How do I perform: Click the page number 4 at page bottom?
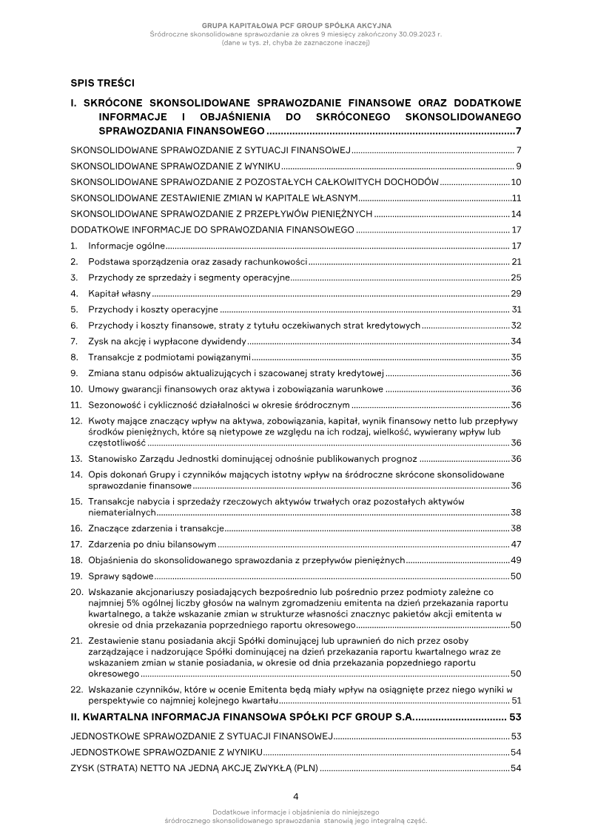(296, 797)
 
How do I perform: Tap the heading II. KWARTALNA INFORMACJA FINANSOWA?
(241, 718)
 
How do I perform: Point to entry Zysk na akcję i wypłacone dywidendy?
(166, 341)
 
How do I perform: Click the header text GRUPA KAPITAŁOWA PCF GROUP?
(296, 26)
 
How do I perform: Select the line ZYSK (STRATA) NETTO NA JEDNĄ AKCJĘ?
(194, 769)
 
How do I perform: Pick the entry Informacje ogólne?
(126, 246)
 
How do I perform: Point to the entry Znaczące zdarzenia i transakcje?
(156, 528)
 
